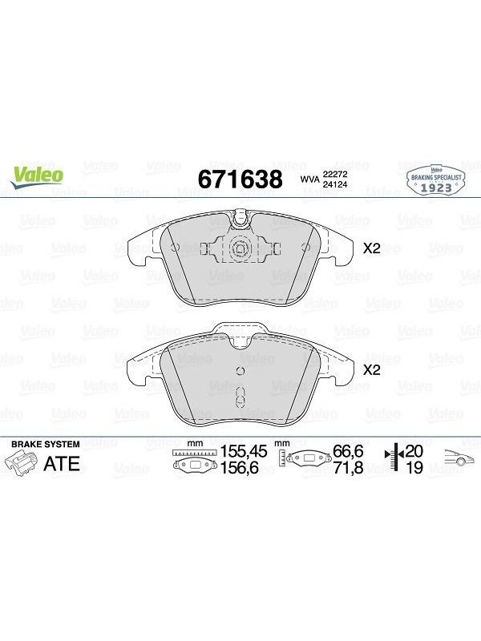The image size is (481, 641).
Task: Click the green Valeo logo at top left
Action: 37,177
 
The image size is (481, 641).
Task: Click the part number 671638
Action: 240,179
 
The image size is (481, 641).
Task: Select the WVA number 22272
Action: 335,174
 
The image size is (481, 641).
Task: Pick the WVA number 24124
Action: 335,184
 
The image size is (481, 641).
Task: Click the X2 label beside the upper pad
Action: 372,248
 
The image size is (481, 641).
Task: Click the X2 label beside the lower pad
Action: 372,370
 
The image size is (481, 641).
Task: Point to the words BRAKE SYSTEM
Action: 46,444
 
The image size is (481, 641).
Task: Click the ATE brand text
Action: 62,464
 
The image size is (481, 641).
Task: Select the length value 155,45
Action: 244,452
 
